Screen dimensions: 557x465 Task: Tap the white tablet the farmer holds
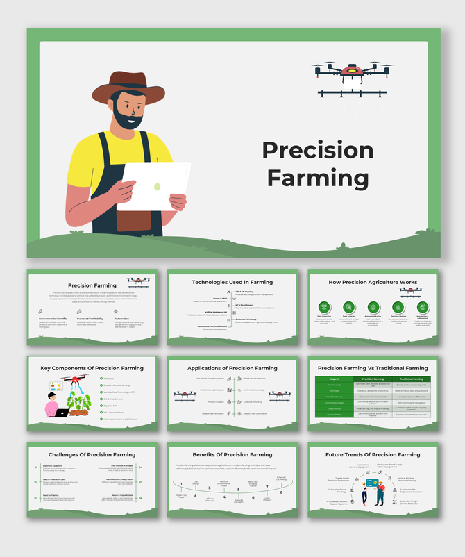pyautogui.click(x=153, y=185)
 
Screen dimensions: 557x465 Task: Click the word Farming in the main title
pyautogui.click(x=318, y=178)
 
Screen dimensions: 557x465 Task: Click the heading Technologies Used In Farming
pyautogui.click(x=232, y=283)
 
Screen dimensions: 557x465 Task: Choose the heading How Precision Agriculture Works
pyautogui.click(x=373, y=283)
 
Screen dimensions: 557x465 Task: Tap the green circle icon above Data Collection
pyautogui.click(x=324, y=306)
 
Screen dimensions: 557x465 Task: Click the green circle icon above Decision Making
pyautogui.click(x=398, y=306)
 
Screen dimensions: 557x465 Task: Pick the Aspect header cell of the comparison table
pyautogui.click(x=335, y=379)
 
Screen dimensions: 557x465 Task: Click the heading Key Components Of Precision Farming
pyautogui.click(x=92, y=368)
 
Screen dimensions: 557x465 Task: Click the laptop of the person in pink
pyautogui.click(x=61, y=413)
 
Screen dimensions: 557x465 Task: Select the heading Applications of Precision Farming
pyautogui.click(x=232, y=368)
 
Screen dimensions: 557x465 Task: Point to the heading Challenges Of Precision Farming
pyautogui.click(x=92, y=455)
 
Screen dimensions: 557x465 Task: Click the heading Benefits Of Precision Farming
pyautogui.click(x=232, y=455)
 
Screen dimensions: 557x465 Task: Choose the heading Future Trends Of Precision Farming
pyautogui.click(x=373, y=455)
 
